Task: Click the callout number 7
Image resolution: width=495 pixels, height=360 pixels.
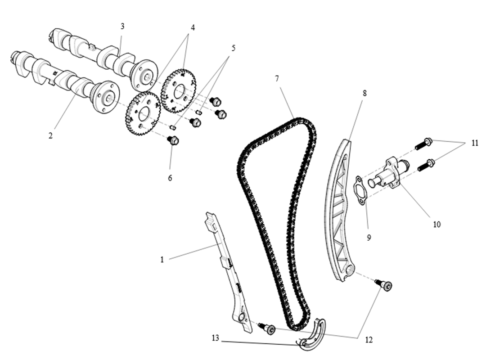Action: click(277, 79)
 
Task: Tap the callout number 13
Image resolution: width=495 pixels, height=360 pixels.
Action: click(215, 338)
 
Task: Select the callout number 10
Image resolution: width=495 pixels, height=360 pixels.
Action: click(436, 224)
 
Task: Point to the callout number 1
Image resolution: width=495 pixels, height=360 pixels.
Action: click(162, 260)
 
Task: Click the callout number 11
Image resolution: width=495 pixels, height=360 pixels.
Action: click(475, 143)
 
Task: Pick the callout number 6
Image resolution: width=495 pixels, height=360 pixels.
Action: click(170, 178)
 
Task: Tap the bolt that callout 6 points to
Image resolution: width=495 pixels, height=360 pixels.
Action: click(173, 140)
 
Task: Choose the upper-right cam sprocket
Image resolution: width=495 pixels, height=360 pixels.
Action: click(179, 90)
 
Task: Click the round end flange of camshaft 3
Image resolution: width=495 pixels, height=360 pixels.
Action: click(144, 75)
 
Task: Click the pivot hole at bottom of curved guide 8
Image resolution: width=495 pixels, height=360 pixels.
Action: click(350, 271)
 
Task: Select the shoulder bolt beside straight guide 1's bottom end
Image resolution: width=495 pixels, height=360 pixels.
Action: click(268, 329)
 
